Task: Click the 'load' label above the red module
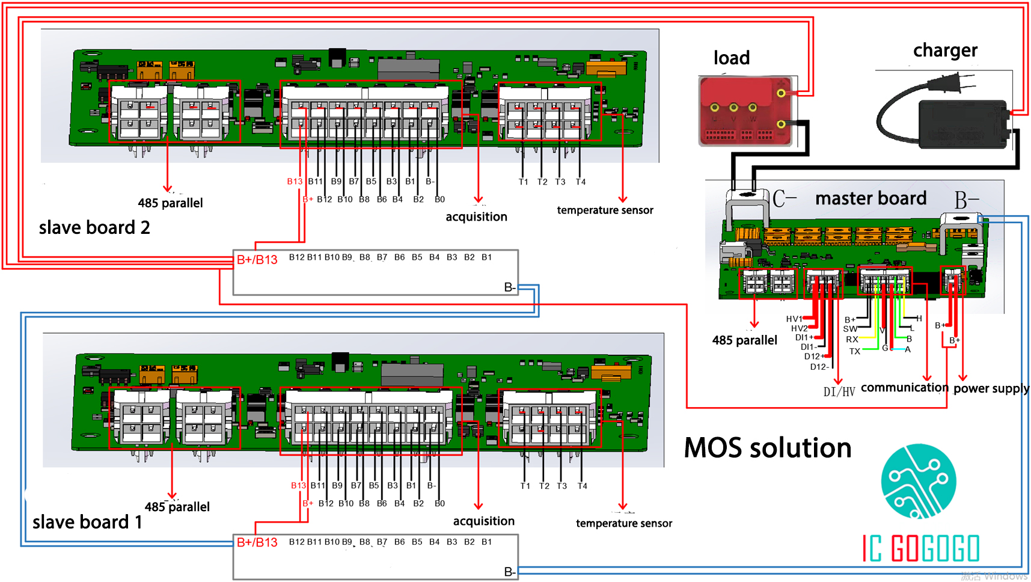(x=731, y=58)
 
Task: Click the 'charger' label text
(x=945, y=51)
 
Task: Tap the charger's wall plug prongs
(x=956, y=82)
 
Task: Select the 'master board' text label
(x=870, y=198)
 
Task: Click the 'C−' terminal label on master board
(x=785, y=199)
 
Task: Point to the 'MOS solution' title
(x=768, y=449)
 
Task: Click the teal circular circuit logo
(x=918, y=481)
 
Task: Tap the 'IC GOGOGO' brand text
(x=921, y=548)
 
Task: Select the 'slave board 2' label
(x=94, y=228)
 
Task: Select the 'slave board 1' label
(x=87, y=522)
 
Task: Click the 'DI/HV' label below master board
(x=839, y=393)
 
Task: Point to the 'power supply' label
(x=991, y=388)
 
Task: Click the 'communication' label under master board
(x=904, y=388)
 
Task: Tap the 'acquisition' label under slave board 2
(x=476, y=217)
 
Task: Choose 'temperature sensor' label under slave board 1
(x=624, y=524)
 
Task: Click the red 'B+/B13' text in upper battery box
(x=257, y=260)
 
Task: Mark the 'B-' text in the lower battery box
(x=509, y=572)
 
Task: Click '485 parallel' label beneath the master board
(x=744, y=340)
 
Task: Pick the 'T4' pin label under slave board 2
(x=580, y=182)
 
